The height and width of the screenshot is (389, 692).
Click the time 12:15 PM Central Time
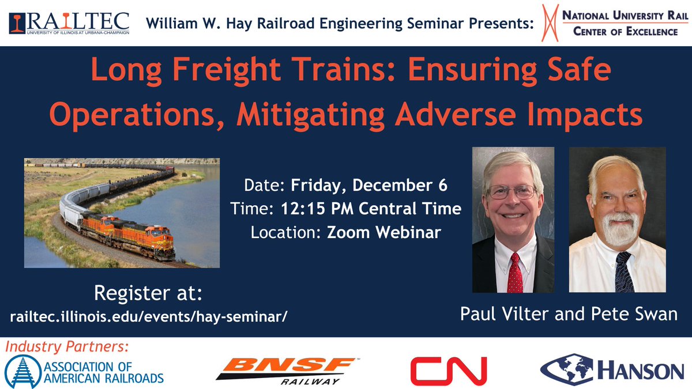[373, 209]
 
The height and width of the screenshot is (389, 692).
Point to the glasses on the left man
[512, 192]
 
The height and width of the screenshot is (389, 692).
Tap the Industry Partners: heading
[67, 347]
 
